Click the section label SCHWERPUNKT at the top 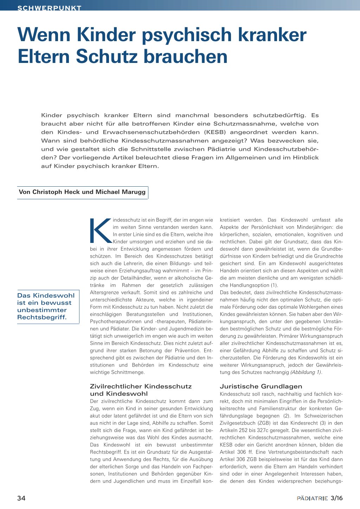49,8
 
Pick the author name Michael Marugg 120,192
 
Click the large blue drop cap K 101,231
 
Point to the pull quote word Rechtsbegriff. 42,317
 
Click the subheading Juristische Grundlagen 261,386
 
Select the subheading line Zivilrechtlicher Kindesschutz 141,386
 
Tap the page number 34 21,498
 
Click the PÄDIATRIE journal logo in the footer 312,498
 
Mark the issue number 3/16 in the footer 336,498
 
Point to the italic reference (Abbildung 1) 306,372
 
